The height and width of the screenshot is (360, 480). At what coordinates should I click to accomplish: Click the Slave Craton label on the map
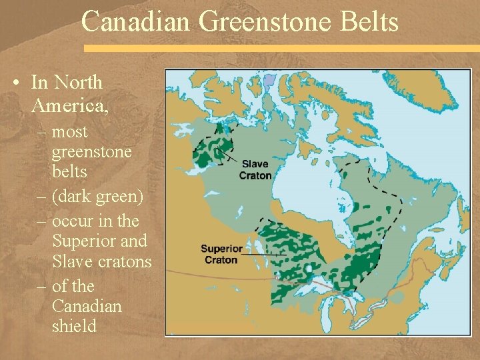click(x=257, y=169)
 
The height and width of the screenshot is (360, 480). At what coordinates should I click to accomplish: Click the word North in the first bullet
click(x=79, y=83)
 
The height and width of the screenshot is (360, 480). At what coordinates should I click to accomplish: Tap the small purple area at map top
click(x=269, y=83)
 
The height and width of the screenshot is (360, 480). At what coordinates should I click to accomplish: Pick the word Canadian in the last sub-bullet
click(x=87, y=307)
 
